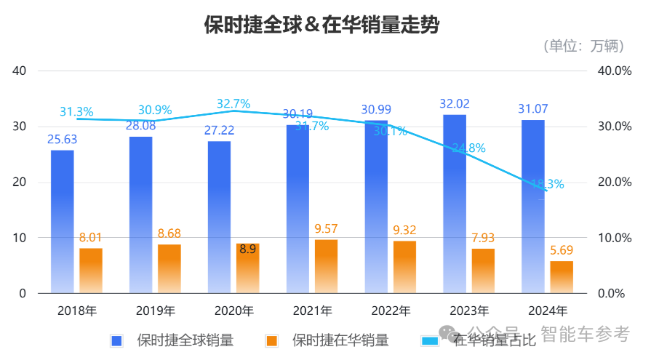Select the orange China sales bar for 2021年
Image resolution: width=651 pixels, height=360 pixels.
[x=326, y=266]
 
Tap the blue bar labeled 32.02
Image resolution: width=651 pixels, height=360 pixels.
[x=455, y=204]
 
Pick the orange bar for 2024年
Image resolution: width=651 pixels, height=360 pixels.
[x=562, y=277]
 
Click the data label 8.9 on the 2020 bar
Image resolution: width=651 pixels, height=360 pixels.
[x=247, y=249]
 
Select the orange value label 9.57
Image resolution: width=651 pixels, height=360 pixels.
[x=327, y=229]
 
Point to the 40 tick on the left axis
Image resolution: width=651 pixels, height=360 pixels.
[x=19, y=71]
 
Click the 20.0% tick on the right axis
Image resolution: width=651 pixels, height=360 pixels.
[x=614, y=182]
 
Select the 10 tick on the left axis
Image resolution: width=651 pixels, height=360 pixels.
[x=19, y=238]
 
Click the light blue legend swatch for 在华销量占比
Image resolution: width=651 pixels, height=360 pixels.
[x=429, y=340]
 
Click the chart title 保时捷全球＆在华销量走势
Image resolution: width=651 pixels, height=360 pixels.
[x=322, y=25]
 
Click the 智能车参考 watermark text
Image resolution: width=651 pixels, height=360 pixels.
[x=585, y=334]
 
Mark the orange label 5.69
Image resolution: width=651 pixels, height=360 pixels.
[x=562, y=249]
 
